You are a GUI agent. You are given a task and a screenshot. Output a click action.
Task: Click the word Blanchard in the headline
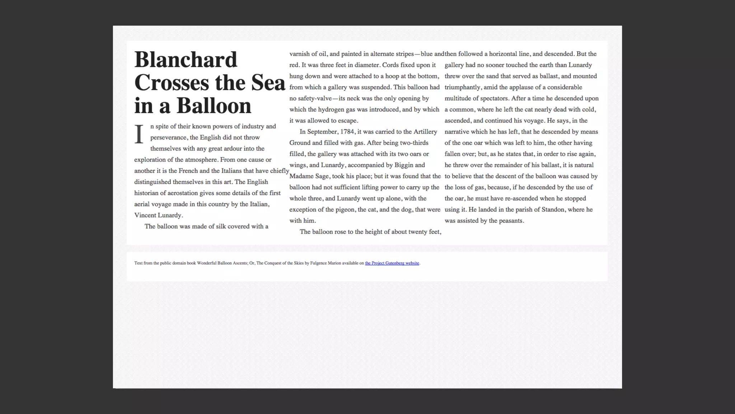point(186,60)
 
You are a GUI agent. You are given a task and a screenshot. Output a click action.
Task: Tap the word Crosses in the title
point(172,83)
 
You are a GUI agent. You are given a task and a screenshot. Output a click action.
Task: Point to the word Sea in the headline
point(268,83)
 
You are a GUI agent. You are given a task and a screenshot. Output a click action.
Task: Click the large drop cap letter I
point(139,134)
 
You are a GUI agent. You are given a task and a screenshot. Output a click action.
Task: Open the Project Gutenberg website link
point(392,263)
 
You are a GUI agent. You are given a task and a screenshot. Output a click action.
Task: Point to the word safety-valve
point(315,98)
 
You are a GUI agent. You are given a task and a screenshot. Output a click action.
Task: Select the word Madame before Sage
point(301,176)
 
